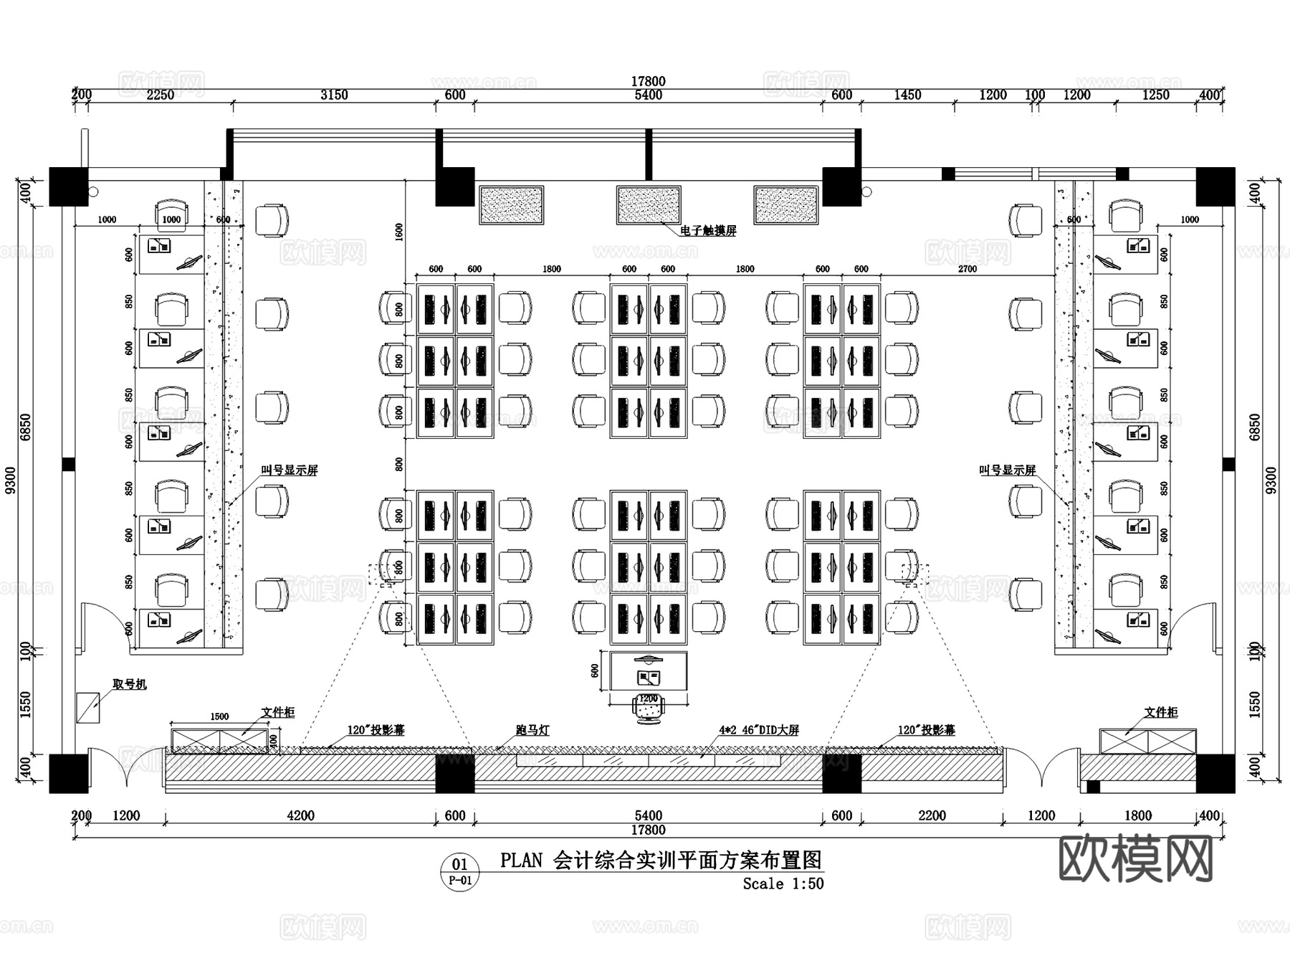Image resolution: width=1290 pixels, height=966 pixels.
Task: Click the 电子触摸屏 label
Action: point(708,231)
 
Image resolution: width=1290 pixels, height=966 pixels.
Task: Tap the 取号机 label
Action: point(130,684)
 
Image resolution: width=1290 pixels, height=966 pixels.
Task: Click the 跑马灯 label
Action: point(532,730)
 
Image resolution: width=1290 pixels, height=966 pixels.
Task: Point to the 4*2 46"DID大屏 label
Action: point(759,730)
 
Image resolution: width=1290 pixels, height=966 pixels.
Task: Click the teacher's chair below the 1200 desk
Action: point(649,709)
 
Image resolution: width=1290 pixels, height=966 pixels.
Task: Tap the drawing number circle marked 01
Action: point(459,871)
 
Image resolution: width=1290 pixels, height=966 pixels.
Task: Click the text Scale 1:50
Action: point(783,884)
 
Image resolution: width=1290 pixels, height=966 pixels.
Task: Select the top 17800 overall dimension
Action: point(648,82)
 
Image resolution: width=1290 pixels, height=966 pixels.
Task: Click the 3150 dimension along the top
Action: point(334,95)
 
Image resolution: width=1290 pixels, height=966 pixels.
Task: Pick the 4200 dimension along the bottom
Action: point(300,815)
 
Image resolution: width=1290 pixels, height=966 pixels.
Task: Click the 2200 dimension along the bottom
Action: point(932,815)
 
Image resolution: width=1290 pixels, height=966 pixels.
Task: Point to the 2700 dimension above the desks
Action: point(967,269)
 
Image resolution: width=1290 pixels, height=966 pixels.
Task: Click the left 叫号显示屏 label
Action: point(290,470)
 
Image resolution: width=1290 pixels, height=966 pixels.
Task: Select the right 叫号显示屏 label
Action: point(1008,470)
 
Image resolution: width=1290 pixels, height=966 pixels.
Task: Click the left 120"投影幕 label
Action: point(376,730)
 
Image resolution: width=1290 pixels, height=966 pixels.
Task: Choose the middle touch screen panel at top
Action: point(649,204)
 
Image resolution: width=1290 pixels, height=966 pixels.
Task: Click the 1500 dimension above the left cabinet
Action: point(219,716)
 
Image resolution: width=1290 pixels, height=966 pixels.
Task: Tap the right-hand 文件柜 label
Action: point(1161,712)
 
